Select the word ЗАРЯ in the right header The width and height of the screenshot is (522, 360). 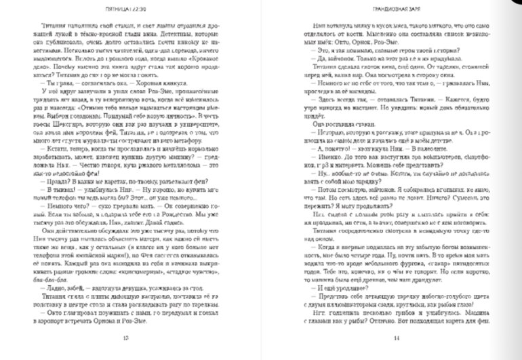point(411,9)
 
